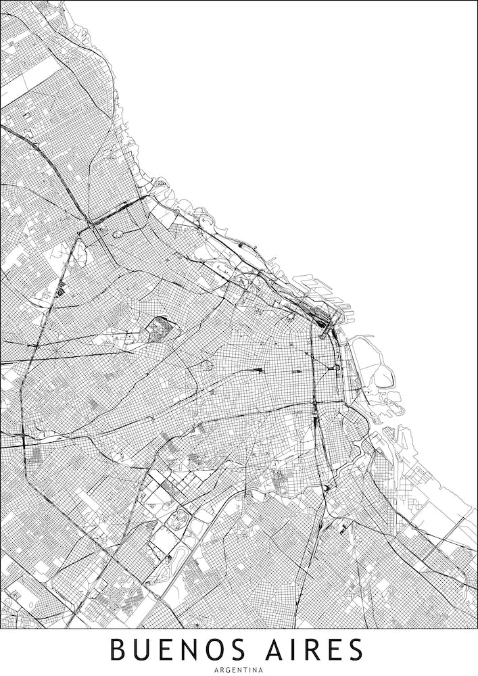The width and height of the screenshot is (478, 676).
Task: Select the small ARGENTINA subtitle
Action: pyautogui.click(x=239, y=670)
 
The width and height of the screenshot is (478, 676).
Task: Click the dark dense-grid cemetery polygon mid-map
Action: pyautogui.click(x=161, y=329)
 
